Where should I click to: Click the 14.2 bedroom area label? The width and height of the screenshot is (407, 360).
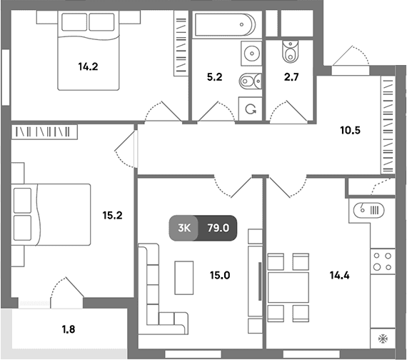point(88,66)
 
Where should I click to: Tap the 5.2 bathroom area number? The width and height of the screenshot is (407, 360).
point(215,77)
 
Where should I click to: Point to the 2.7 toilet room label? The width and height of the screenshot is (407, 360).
point(291,77)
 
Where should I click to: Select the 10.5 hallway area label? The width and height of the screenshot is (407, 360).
point(350,131)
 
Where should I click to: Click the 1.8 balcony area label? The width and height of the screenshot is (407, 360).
point(69,329)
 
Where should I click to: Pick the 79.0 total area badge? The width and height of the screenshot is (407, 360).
point(218,228)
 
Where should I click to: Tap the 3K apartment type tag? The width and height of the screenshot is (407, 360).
point(184,228)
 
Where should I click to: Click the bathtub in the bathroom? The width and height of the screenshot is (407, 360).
point(225,25)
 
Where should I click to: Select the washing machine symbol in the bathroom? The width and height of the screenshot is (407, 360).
point(251,109)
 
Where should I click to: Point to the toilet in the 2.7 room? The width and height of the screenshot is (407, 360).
point(291,51)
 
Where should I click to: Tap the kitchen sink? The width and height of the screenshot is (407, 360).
point(368,210)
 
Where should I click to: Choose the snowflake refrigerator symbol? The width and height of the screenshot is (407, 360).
point(383,338)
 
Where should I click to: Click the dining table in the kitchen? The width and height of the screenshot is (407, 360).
point(288,288)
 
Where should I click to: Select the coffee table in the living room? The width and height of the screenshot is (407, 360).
point(184,278)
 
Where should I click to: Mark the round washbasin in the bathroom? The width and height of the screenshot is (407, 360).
point(252,54)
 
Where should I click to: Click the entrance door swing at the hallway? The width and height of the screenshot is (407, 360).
point(351,55)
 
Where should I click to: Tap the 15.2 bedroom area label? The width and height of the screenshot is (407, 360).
point(112,215)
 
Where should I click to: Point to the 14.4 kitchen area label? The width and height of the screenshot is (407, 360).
point(339,275)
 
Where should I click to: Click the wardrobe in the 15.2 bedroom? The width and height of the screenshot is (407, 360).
point(44,132)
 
